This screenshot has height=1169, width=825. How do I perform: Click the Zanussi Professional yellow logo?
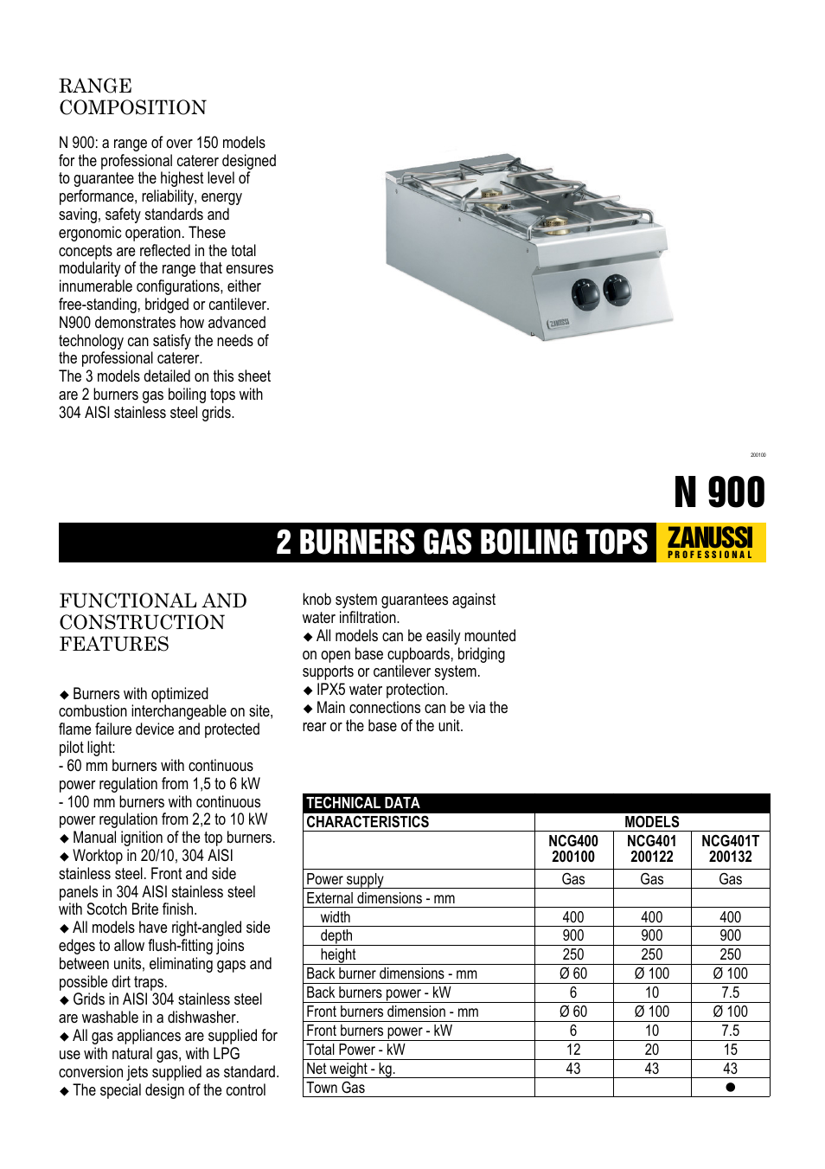click(x=711, y=543)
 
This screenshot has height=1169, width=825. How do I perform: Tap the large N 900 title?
click(x=719, y=492)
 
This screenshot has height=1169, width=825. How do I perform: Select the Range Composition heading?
click(x=132, y=97)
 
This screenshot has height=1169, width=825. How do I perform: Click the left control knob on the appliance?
click(x=585, y=295)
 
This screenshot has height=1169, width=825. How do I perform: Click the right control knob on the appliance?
click(x=617, y=290)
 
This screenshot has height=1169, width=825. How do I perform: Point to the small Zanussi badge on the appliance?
click(x=559, y=324)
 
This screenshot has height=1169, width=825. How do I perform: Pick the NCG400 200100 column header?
click(x=573, y=849)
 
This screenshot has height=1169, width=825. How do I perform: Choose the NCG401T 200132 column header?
click(x=730, y=849)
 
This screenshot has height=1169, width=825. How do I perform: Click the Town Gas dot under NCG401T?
click(x=731, y=1088)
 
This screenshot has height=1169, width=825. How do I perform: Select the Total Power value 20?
click(x=652, y=1050)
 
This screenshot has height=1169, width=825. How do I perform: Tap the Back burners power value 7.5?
click(x=731, y=992)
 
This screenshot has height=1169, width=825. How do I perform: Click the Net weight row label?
click(x=350, y=1069)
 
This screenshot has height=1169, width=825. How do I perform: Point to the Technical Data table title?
click(x=363, y=803)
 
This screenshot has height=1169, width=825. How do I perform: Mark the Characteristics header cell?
click(x=368, y=822)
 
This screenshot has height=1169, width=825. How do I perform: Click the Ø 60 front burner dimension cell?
click(x=573, y=1012)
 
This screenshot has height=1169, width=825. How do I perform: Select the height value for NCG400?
click(x=573, y=954)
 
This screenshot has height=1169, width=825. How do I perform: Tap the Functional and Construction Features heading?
click(x=153, y=622)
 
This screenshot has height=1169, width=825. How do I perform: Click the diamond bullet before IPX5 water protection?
click(x=308, y=690)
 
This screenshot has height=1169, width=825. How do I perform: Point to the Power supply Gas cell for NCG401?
click(x=652, y=879)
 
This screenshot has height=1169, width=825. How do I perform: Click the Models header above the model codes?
click(x=652, y=822)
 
